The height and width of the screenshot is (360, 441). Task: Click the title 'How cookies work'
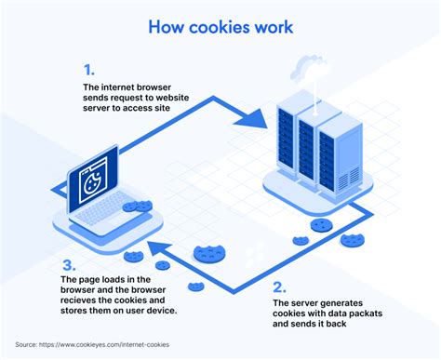[220, 27]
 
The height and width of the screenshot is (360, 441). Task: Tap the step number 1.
[88, 70]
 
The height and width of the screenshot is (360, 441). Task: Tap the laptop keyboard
[102, 215]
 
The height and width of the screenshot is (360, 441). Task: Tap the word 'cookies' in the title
[219, 27]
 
